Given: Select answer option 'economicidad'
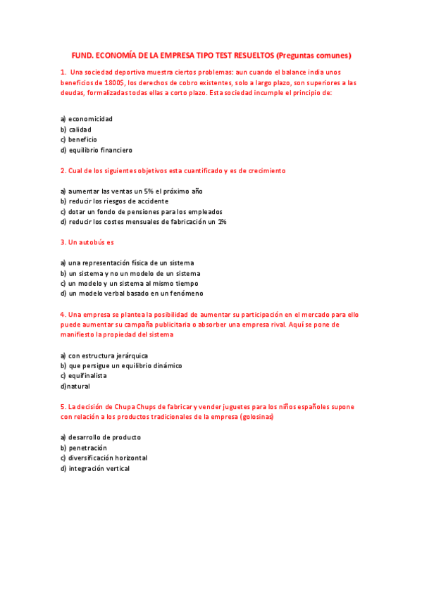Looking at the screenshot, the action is coord(90,119).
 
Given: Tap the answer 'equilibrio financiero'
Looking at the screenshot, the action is coord(100,150).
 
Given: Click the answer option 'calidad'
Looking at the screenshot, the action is coord(80,130).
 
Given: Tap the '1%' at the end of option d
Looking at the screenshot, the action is coord(221,222).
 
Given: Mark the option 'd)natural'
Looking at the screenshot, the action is coord(75,387).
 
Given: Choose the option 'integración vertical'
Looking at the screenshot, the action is coord(99,469).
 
